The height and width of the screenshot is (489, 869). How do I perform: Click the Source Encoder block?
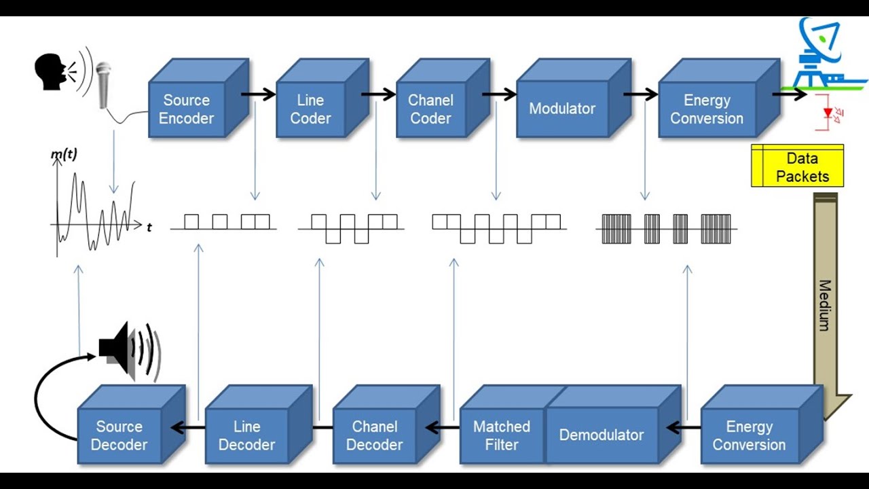pos(187,109)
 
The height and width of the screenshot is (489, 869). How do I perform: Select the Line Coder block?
pos(310,109)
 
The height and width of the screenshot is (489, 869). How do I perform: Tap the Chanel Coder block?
pos(430,109)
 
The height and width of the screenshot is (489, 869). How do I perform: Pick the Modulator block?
pos(562,109)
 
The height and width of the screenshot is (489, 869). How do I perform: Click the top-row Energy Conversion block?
pos(707,109)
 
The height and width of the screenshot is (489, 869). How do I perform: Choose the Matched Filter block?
pos(501,436)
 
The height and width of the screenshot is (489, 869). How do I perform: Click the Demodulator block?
pos(602,435)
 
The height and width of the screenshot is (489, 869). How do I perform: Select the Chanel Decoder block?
pos(374,436)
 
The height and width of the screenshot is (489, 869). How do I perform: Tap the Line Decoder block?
pos(246,436)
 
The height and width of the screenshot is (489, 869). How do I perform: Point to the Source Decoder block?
pos(119,436)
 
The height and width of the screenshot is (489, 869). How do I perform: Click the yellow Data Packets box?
pos(798,166)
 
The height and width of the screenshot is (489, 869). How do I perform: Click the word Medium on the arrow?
pos(824,305)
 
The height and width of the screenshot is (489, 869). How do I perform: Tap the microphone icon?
pos(103,85)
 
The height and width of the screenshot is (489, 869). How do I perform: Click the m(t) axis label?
pos(64,155)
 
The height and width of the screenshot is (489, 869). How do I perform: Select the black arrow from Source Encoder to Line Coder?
pos(259,94)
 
